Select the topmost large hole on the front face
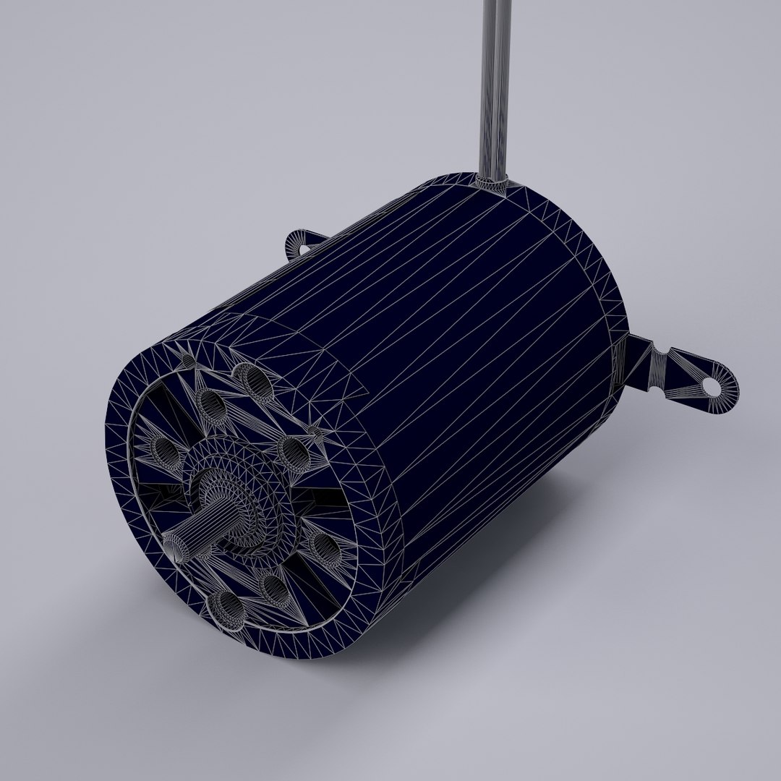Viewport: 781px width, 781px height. (x=250, y=376)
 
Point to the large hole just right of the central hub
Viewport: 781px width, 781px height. (x=293, y=452)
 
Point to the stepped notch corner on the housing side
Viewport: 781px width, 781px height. (x=362, y=394)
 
